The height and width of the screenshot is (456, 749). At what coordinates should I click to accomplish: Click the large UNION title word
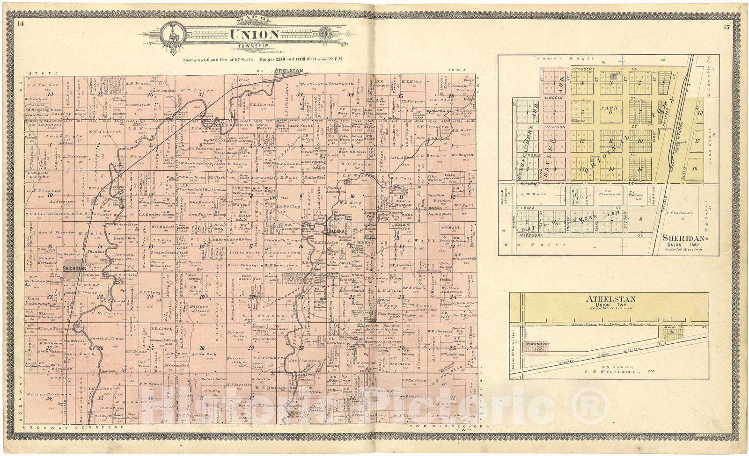pos(254,35)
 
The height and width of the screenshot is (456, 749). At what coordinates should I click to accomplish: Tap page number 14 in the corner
pos(20,23)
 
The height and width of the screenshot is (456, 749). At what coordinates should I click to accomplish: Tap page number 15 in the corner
pos(726,27)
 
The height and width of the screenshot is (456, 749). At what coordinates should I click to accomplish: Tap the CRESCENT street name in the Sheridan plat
pos(583,69)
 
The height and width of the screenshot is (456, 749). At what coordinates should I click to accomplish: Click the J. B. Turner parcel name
pos(43,85)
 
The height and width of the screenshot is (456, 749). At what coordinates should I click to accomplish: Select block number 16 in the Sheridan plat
pos(695,169)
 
